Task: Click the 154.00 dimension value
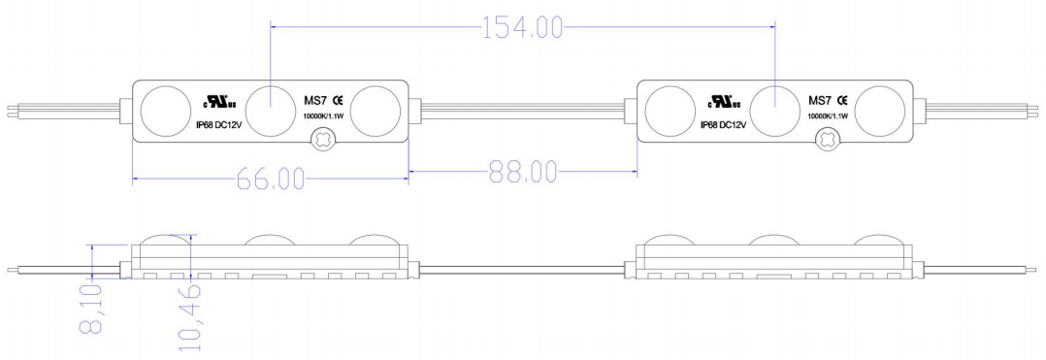pyautogui.click(x=522, y=28)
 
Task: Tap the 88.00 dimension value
pyautogui.click(x=521, y=173)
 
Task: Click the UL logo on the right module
pyautogui.click(x=724, y=101)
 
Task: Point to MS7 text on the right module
pyautogui.click(x=820, y=100)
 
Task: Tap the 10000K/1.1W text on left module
pyautogui.click(x=320, y=116)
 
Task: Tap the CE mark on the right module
pyautogui.click(x=843, y=100)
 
